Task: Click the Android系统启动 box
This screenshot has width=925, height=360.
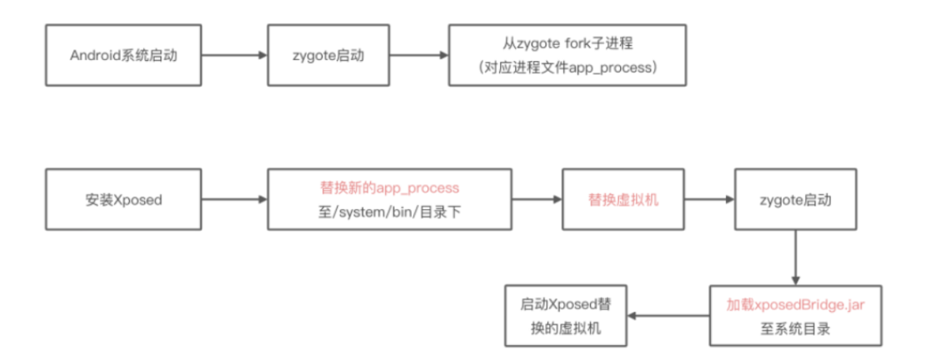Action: (x=122, y=55)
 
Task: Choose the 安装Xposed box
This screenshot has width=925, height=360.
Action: (x=122, y=200)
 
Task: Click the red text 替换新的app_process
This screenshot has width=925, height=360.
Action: (x=389, y=188)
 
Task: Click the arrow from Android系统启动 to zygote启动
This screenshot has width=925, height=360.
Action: (x=233, y=55)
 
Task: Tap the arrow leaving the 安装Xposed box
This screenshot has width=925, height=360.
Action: (x=233, y=200)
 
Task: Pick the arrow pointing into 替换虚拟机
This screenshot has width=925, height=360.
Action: (x=537, y=200)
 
